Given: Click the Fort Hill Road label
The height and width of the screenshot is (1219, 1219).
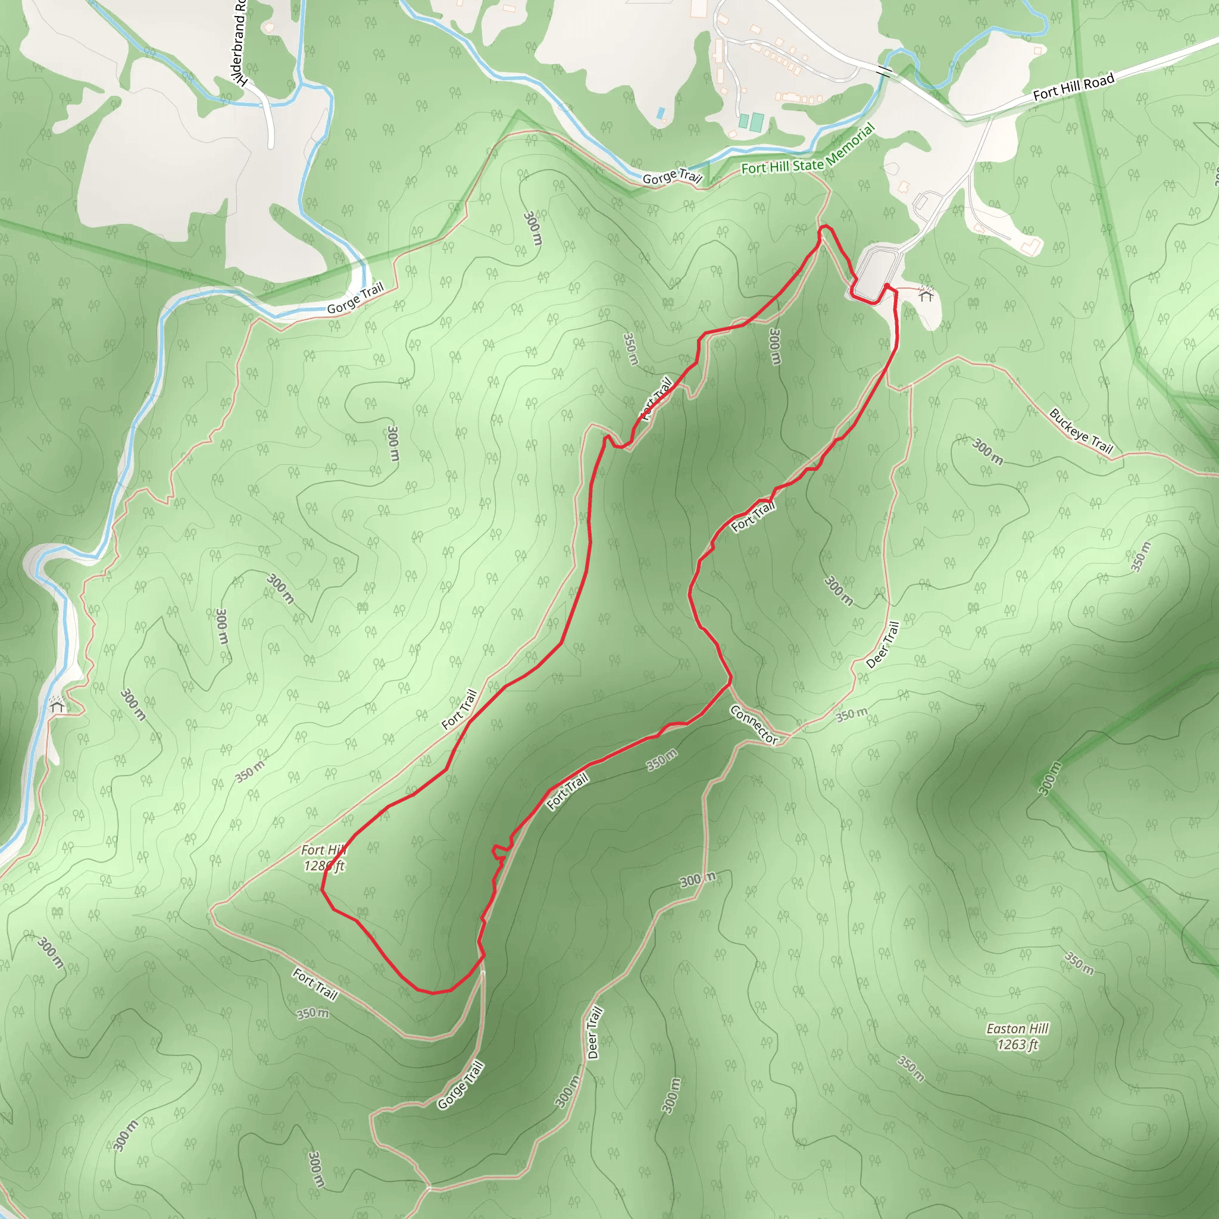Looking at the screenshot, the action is [1073, 87].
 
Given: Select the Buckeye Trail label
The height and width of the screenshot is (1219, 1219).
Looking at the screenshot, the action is [1080, 431].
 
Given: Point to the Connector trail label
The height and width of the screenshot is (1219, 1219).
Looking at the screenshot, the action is [754, 724].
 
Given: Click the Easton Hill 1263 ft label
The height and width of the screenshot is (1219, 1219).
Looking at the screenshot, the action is [1017, 1037].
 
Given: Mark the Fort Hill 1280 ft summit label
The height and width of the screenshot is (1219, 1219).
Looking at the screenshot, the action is [324, 858].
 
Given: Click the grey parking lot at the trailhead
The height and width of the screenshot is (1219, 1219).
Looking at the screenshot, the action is [874, 273].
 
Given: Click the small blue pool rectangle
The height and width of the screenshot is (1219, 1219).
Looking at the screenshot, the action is [661, 114].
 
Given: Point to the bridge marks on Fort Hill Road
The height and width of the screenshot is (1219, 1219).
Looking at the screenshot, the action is [884, 72].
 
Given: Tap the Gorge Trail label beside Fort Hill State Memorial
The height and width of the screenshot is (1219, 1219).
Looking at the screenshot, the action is [672, 177].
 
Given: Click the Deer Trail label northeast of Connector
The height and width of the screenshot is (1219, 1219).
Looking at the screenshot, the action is [883, 645].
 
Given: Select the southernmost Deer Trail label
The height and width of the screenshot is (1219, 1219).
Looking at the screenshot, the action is [595, 1032].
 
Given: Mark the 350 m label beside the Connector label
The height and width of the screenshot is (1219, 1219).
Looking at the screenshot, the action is [852, 715].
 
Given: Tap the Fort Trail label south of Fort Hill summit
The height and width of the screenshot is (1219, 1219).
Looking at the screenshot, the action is [315, 984].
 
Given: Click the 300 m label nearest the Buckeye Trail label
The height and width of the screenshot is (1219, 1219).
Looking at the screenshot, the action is [987, 451].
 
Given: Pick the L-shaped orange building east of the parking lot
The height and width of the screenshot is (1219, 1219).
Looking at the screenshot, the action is [1032, 245].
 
